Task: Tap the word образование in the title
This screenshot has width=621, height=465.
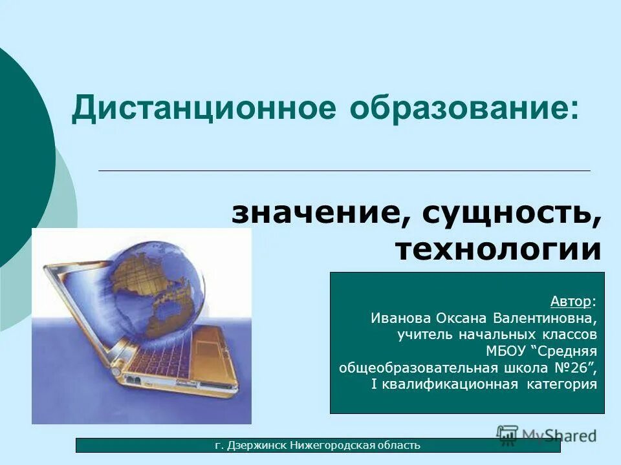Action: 461,108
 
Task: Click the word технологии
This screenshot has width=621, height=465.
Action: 498,249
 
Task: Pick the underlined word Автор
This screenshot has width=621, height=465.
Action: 570,302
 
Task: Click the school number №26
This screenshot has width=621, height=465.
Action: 574,368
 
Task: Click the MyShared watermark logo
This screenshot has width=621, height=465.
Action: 547,435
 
